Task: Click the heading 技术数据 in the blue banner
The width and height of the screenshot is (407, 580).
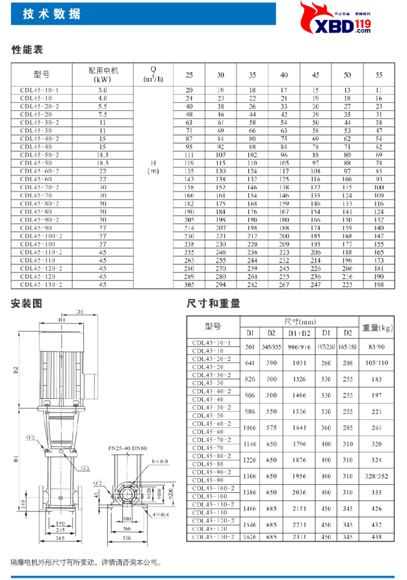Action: point(52,14)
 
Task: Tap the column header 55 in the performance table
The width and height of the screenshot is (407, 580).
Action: point(379,75)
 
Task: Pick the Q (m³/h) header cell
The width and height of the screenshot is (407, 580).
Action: point(153,75)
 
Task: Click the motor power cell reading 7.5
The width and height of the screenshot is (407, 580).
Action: point(103,114)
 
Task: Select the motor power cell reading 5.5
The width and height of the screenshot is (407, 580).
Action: point(103,106)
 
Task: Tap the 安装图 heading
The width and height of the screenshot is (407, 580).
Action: point(27,304)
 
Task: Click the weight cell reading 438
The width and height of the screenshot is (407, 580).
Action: point(377,537)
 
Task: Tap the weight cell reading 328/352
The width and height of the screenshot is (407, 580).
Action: point(377,475)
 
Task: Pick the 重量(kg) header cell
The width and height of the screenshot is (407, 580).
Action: point(377,328)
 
